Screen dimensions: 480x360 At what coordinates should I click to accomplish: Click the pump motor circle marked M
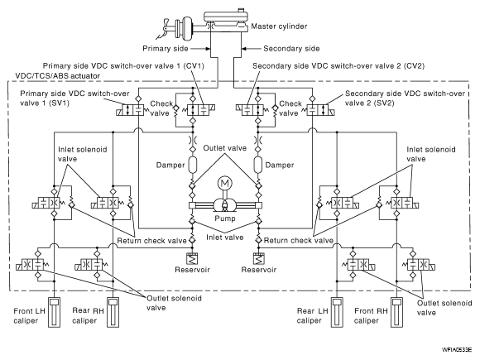225,184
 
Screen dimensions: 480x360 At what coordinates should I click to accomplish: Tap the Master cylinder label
279,26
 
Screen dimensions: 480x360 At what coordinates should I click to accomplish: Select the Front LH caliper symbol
54,312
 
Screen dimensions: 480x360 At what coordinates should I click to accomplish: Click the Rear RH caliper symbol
113,312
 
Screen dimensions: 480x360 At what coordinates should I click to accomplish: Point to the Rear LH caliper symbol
337,312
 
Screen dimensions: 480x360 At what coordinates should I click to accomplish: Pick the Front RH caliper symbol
396,312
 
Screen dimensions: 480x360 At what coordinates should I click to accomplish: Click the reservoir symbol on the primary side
192,259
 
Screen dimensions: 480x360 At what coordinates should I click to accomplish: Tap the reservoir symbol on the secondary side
259,259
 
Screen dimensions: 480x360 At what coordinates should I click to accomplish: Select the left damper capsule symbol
192,165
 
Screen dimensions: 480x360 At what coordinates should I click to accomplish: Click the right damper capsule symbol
258,165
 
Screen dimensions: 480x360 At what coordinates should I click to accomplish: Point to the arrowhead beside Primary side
208,49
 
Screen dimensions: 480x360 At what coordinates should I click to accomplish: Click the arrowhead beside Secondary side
244,49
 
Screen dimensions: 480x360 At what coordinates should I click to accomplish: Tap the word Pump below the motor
225,218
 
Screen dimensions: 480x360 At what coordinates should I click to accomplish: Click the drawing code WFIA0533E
457,349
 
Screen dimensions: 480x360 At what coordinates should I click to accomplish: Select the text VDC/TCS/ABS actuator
58,76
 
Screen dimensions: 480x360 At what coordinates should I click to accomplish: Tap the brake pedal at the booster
165,30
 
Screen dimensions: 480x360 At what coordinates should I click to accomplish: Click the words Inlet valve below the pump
225,238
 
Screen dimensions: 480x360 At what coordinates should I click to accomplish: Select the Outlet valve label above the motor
225,148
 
